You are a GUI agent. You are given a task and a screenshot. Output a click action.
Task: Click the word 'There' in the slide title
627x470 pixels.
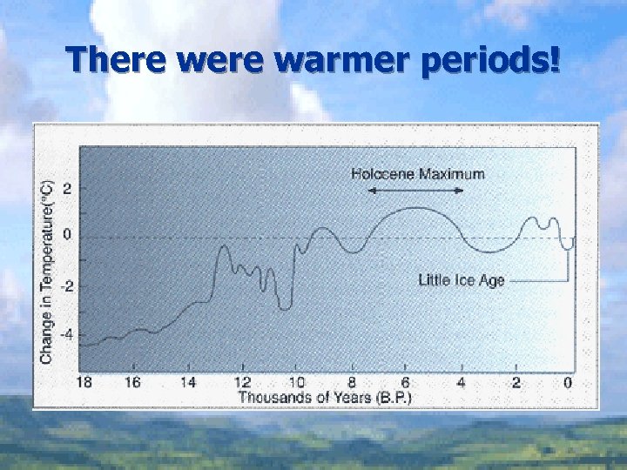click(x=119, y=60)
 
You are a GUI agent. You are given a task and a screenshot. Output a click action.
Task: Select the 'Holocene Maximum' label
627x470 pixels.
click(x=417, y=173)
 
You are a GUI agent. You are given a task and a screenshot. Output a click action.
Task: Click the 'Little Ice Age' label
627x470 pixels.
click(x=461, y=280)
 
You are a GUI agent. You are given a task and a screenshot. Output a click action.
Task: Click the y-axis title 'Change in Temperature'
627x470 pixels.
click(x=47, y=272)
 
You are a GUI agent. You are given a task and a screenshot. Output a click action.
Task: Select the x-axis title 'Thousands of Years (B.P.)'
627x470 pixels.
click(x=325, y=397)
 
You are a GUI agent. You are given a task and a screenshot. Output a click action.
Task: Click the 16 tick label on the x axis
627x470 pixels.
click(x=133, y=382)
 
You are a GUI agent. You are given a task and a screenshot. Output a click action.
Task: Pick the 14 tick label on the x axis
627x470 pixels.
click(x=188, y=382)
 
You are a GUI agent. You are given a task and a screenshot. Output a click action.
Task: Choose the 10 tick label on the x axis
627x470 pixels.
click(x=297, y=382)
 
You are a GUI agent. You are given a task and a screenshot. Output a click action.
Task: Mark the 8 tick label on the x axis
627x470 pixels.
click(x=352, y=382)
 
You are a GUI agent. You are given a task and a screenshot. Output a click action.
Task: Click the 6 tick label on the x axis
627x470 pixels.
click(x=406, y=382)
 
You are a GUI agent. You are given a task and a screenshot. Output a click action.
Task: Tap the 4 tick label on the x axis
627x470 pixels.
click(x=461, y=382)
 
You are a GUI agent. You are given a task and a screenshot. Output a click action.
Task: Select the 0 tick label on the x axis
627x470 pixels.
click(x=568, y=382)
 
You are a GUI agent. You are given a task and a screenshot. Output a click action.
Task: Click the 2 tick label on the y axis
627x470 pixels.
click(x=68, y=189)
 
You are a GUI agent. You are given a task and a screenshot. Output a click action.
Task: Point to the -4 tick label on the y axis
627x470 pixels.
click(x=66, y=333)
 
